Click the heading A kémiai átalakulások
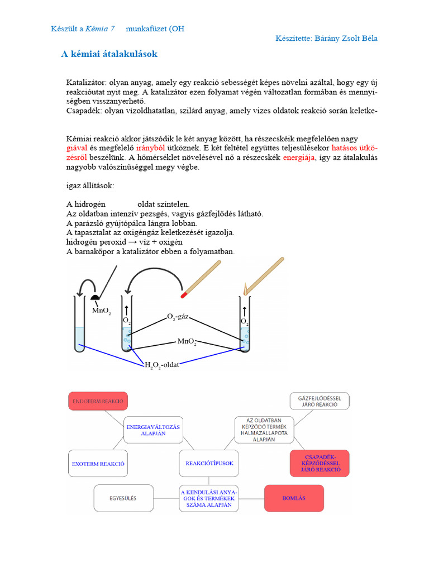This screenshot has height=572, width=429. coord(109,54)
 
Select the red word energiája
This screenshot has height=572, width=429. coord(299,158)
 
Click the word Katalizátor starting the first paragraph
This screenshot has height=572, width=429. coord(86,82)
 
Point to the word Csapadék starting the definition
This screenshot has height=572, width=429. coord(84,111)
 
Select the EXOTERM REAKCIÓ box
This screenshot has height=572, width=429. coord(98,464)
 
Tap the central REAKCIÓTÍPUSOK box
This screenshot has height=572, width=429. coord(209,463)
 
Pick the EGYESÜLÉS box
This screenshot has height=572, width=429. coord(123,498)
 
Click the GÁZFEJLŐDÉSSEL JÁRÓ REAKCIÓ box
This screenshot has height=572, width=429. coord(319,401)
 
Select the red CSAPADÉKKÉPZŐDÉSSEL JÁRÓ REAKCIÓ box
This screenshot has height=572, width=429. coord(320,463)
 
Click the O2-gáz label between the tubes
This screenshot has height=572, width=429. coord(179,317)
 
